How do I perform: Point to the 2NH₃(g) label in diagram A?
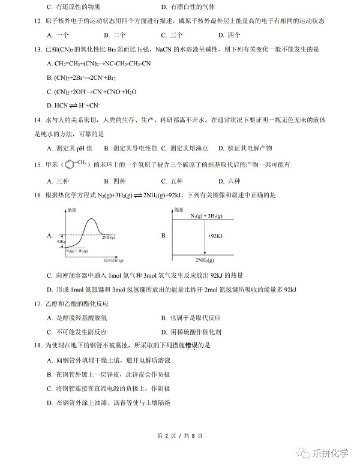pyautogui.click(x=109, y=237)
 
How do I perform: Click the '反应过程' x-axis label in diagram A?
pyautogui.click(x=112, y=260)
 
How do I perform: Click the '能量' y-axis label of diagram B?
pyautogui.click(x=178, y=209)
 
